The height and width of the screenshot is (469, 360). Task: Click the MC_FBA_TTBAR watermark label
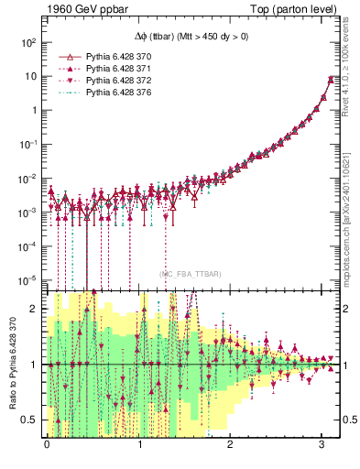[x=190, y=273]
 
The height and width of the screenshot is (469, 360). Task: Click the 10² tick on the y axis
[x=28, y=42]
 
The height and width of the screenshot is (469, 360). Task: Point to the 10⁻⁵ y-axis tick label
[x=27, y=279]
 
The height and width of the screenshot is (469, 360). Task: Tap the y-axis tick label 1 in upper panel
[x=34, y=110]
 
